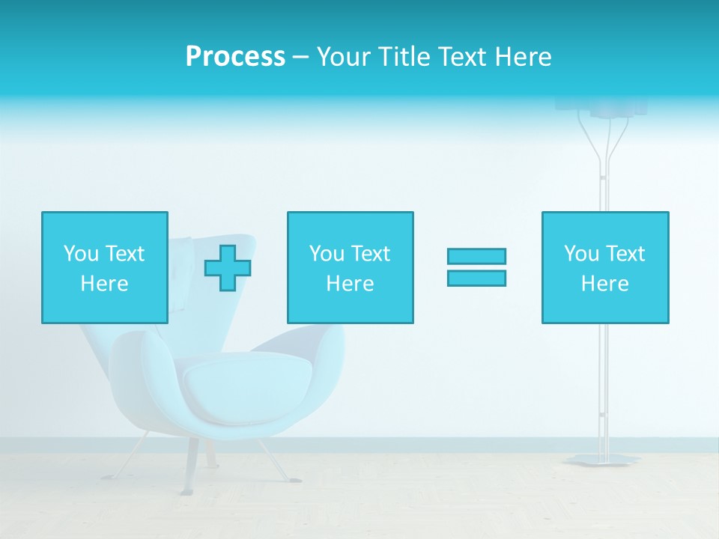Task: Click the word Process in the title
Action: (235, 57)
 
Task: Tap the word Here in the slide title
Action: (521, 57)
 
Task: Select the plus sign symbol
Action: (228, 268)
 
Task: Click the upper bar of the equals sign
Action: (476, 256)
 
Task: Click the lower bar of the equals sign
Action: (476, 278)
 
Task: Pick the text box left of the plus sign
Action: (105, 267)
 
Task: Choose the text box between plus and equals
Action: (351, 267)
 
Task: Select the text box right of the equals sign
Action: (605, 267)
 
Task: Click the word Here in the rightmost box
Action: (604, 284)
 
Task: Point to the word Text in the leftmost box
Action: (124, 254)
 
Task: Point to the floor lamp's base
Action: (603, 459)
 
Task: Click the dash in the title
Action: (301, 57)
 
